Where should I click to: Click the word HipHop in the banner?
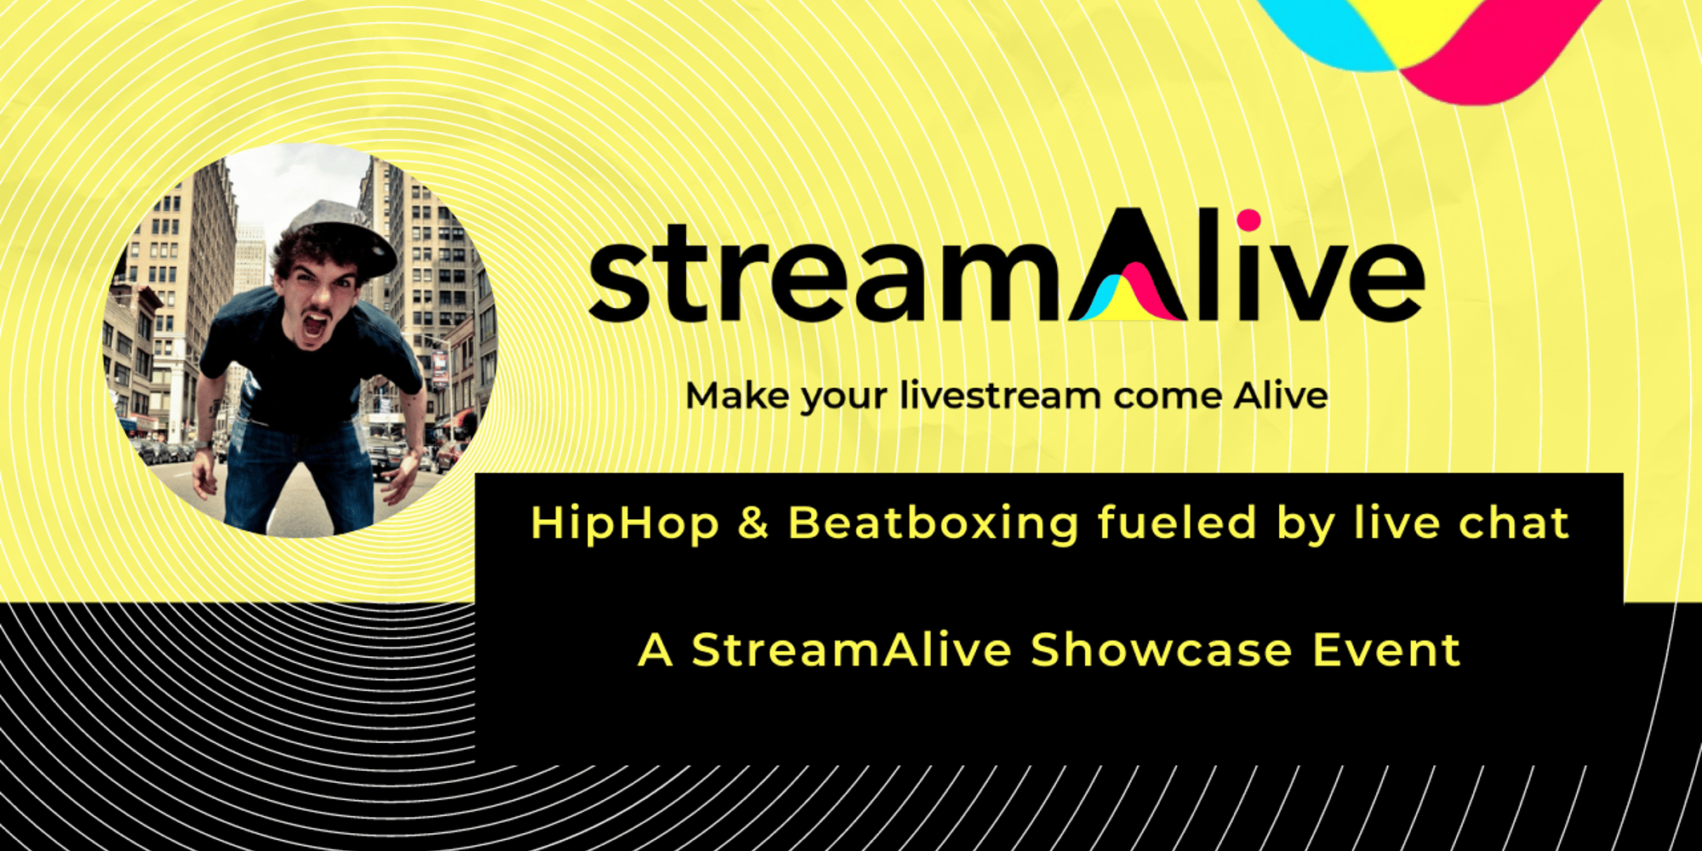click(x=625, y=523)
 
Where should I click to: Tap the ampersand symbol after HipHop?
click(x=753, y=523)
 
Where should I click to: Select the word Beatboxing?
click(x=934, y=523)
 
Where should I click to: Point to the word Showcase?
click(x=1162, y=650)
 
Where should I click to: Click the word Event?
click(x=1386, y=650)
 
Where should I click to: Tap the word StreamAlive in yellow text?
click(x=851, y=650)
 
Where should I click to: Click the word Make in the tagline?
click(x=737, y=396)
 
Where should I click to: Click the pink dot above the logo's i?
click(x=1248, y=220)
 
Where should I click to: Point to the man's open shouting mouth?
click(x=316, y=324)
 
